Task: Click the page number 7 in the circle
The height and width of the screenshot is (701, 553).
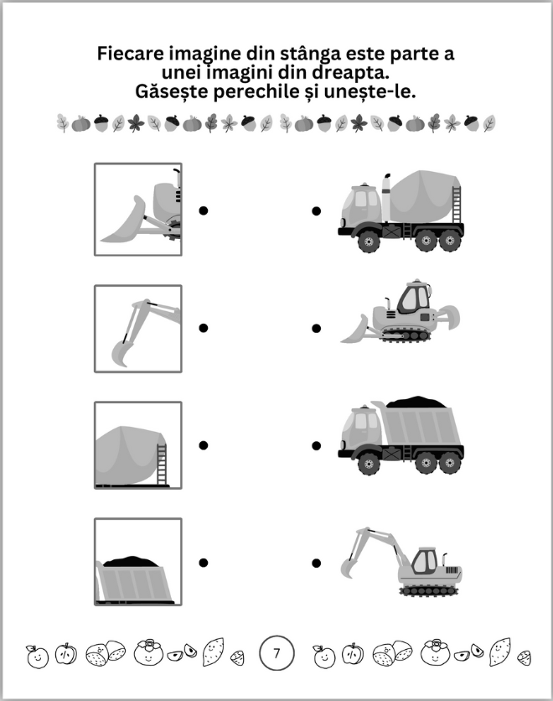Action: pos(276,653)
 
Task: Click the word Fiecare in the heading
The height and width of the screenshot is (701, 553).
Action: pos(130,54)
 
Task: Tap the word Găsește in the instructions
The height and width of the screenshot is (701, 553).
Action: pos(172,91)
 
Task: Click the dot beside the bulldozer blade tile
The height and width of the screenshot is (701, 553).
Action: pos(204,210)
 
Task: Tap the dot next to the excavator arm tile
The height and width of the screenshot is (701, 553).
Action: pos(204,328)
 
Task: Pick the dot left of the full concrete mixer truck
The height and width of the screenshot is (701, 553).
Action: pos(316,210)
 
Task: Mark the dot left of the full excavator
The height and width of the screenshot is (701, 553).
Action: pos(316,563)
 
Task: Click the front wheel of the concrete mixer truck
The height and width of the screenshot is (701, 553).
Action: pos(369,241)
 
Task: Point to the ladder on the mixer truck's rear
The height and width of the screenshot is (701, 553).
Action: pos(456,205)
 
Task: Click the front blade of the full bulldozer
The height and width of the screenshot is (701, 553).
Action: pos(355,329)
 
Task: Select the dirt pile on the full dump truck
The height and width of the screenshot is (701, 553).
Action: pos(416,402)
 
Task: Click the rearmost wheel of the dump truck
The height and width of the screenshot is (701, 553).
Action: pos(450,463)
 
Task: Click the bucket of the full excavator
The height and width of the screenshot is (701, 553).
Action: pos(349,567)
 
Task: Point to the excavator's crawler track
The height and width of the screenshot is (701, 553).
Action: pos(429,590)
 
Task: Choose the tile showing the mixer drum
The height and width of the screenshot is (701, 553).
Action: pos(138,445)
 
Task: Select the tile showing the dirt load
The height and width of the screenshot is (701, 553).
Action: pos(138,562)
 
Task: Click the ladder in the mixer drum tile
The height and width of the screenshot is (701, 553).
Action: pos(162,464)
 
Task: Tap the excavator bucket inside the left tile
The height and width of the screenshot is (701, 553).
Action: pos(121,354)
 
